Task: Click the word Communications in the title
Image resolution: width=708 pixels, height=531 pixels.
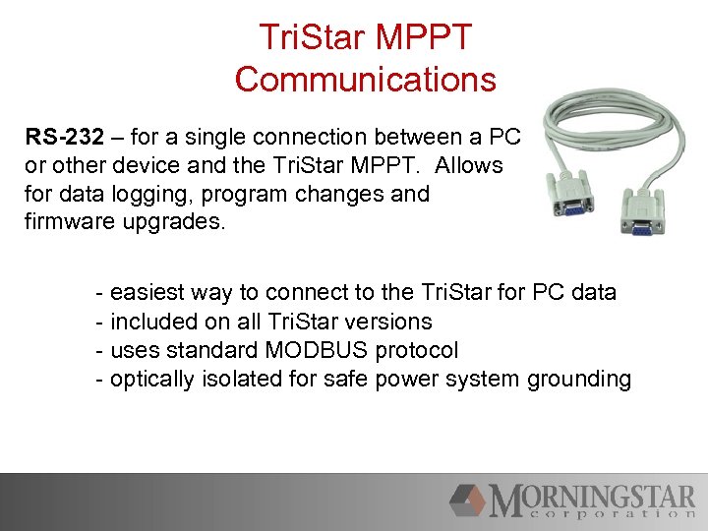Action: (365, 79)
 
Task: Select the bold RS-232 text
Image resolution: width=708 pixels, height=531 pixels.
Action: (62, 138)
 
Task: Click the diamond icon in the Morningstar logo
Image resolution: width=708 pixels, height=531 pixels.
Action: (468, 501)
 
